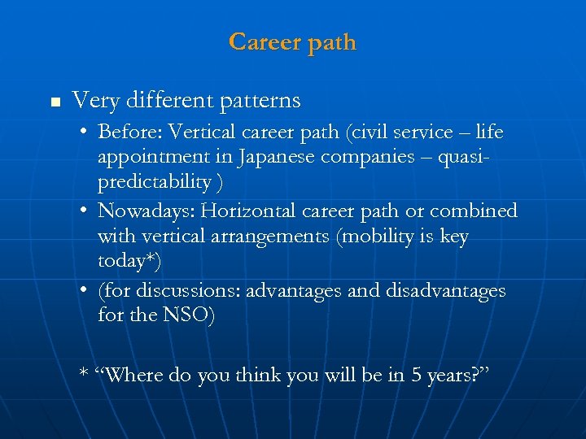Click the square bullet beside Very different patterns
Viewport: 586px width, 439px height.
pyautogui.click(x=55, y=102)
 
